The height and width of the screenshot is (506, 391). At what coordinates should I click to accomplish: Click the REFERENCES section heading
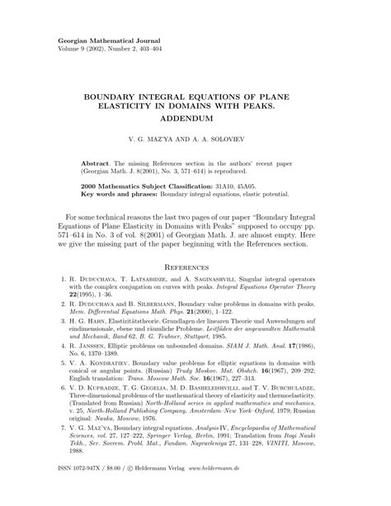pyautogui.click(x=194, y=268)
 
